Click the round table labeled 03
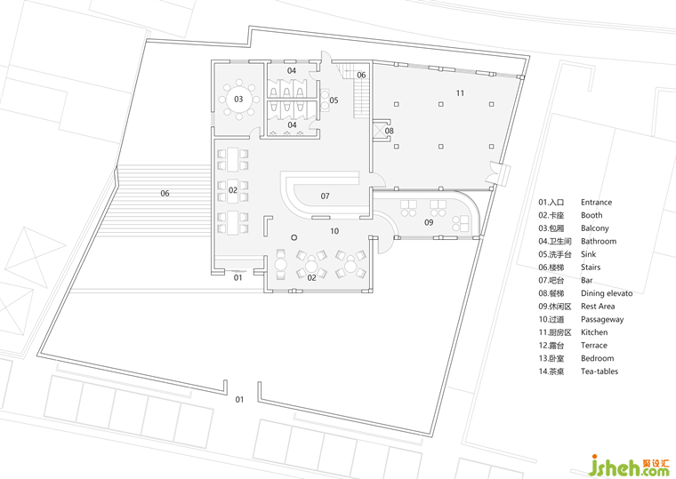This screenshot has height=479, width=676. point(238,100)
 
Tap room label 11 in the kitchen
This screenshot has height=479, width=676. point(460,93)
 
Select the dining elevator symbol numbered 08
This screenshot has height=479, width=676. point(381,130)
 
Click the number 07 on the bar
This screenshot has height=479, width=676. point(325,196)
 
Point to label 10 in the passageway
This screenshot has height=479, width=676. point(334,231)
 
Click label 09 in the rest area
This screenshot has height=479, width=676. point(429,223)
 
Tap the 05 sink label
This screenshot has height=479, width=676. point(334,100)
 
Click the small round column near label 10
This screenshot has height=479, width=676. point(294,237)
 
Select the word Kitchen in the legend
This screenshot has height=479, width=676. point(594,332)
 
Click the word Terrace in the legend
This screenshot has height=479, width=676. point(593,346)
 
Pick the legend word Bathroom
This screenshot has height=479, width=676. point(599,241)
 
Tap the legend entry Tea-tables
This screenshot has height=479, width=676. point(600,371)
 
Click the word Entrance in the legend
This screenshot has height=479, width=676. point(596,203)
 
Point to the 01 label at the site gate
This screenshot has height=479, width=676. point(239,400)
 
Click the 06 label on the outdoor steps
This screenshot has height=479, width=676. point(165,194)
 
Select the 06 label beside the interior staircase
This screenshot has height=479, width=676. point(361,75)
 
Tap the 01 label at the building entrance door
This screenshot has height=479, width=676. point(238,278)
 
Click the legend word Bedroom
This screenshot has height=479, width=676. point(597,358)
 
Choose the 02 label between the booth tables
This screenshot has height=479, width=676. point(233,190)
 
